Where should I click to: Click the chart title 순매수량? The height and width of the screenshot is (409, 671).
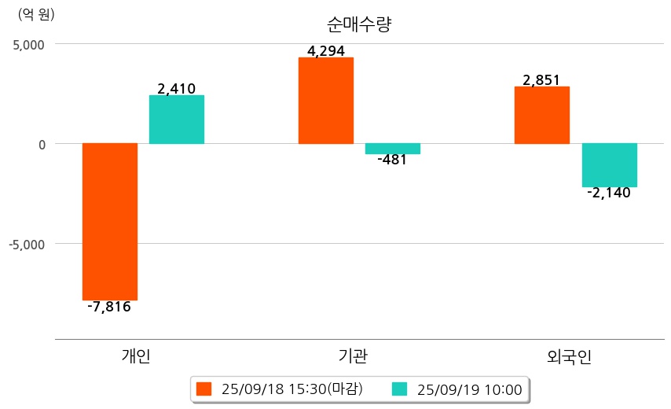coord(358,24)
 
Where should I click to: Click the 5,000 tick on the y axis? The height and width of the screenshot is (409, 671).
coord(28,44)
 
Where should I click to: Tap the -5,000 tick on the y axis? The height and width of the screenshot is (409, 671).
coord(27,244)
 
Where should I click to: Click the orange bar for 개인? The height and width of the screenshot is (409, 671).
coord(110,222)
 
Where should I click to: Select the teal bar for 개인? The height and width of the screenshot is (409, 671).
coord(177,120)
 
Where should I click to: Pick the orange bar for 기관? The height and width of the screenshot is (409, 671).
coord(326,101)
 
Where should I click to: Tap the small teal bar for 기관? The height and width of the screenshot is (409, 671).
coord(393,149)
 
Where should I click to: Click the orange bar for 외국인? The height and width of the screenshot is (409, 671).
coord(542,115)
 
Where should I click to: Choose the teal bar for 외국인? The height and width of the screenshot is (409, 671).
coord(609,165)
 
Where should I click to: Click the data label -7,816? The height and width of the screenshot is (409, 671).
coord(109,307)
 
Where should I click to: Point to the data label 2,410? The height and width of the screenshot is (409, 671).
coord(177,89)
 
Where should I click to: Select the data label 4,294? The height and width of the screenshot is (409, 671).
coord(326,52)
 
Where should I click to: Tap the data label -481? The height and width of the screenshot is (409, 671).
coord(393,160)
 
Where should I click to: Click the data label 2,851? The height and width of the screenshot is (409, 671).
coord(542,80)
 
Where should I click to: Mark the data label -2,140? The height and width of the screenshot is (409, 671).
coord(609,193)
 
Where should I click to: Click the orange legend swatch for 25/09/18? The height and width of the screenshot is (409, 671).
coord(204,389)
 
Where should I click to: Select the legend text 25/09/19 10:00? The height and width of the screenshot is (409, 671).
coord(469,389)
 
